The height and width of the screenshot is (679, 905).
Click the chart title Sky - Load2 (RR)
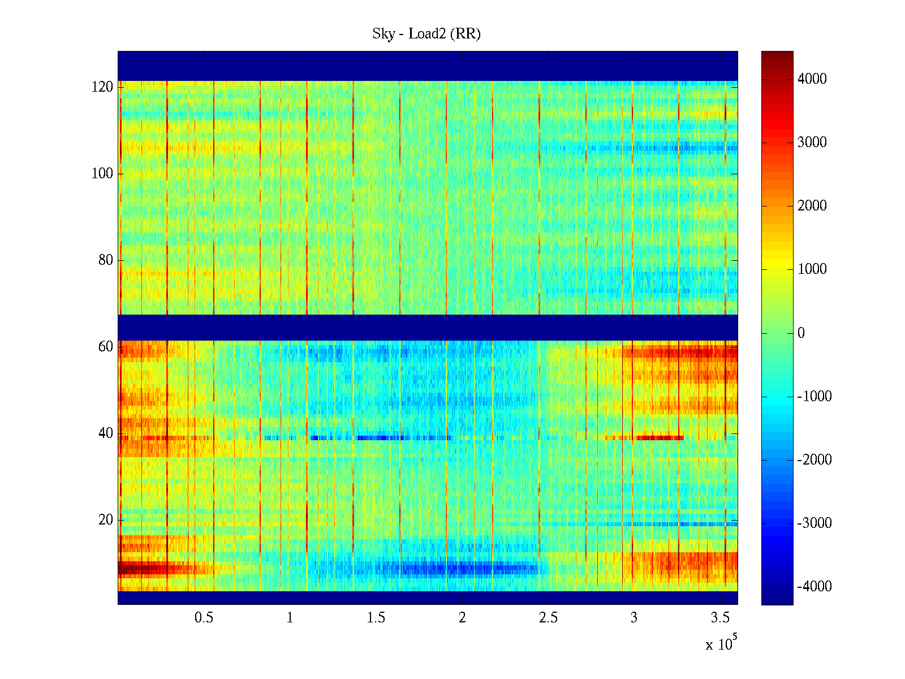pos(426,34)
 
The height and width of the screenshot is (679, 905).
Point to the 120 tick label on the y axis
pos(102,87)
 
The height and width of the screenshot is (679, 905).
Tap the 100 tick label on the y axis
pos(102,174)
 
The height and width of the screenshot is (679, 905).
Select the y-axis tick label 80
pos(106,260)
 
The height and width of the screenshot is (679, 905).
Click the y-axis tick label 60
pos(106,347)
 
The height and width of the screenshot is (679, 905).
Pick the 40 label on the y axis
pos(106,433)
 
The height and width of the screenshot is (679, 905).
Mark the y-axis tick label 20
pos(106,520)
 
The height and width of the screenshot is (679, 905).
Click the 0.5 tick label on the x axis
pos(204,618)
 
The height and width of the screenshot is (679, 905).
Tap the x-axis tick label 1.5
pos(376,618)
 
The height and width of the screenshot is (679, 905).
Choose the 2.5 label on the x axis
pos(548,618)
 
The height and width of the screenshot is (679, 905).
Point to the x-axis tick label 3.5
pos(720,618)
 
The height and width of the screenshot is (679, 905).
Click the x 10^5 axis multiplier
pos(721,643)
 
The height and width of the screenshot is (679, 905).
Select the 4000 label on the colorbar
pos(812,79)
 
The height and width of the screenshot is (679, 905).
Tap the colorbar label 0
pos(801,333)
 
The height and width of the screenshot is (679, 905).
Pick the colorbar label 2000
pos(812,206)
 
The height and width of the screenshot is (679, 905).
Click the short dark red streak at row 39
pos(660,437)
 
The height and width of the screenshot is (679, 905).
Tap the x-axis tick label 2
pos(462,618)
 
